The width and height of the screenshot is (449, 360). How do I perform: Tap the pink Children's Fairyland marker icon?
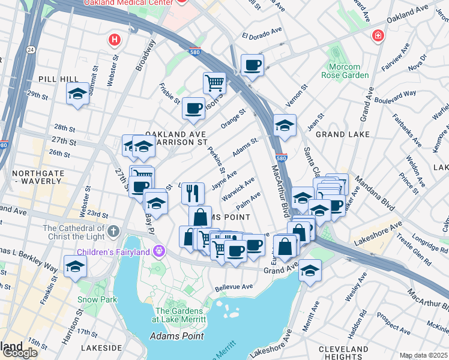(x=158, y=250)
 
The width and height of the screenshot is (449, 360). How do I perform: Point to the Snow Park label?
(x=91, y=299)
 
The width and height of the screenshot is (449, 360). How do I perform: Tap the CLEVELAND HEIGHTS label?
(x=343, y=353)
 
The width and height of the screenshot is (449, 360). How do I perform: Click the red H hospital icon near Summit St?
(x=114, y=40)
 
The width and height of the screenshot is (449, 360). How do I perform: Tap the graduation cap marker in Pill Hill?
(x=77, y=94)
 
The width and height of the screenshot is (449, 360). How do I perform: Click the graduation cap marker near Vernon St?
(x=285, y=125)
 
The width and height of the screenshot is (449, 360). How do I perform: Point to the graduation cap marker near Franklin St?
(x=76, y=266)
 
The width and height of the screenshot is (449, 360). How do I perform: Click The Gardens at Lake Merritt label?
(x=181, y=314)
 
